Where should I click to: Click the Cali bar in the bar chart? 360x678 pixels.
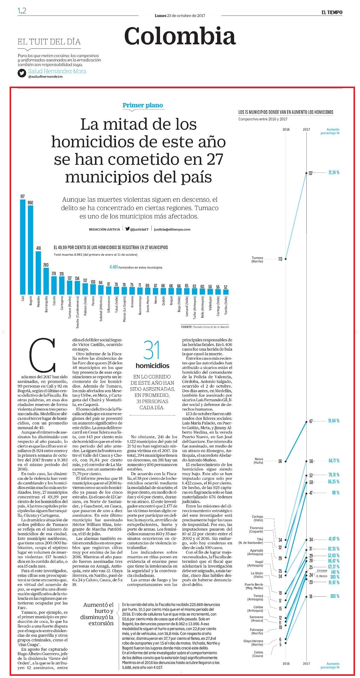point(23,247)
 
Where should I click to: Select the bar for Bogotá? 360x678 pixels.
point(30,250)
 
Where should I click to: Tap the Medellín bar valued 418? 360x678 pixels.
point(38,273)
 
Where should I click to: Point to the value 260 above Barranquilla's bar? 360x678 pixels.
point(46,265)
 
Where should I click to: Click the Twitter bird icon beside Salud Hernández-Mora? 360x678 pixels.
point(22,73)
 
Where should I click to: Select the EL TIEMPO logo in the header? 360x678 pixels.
point(332,12)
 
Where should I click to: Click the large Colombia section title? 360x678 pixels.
point(180,36)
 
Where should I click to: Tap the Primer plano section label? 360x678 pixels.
point(143,105)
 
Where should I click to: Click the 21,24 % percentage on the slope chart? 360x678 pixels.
point(334,173)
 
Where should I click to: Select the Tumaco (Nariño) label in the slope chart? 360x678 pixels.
point(257,260)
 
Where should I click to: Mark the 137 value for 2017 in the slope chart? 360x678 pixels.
point(310,173)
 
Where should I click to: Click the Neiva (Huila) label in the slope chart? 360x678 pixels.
point(258,460)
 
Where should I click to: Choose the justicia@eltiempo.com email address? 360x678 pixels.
point(172,229)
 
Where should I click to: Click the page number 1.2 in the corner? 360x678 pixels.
point(22,11)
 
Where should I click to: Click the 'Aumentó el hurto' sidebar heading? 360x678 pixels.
point(99,614)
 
